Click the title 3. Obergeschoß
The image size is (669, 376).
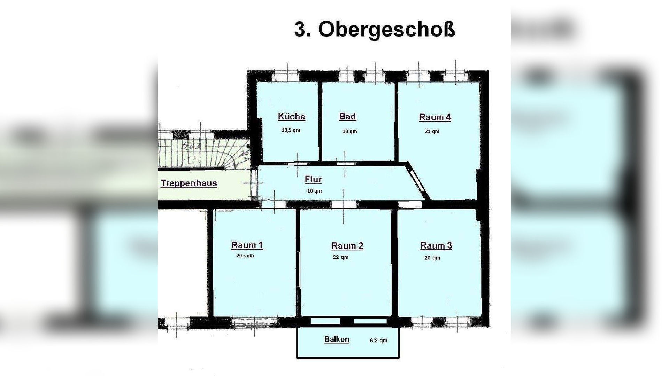(x=375, y=29)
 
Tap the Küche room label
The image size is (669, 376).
(x=291, y=117)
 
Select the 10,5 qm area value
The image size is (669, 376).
(x=291, y=130)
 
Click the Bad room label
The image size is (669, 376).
(x=347, y=117)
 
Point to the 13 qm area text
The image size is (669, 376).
(x=349, y=131)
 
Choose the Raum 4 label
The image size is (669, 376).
(x=435, y=117)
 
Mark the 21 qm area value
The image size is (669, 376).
(x=432, y=131)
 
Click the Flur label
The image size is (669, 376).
(x=313, y=179)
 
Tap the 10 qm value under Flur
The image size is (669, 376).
(x=314, y=191)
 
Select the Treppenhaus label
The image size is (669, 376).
(x=189, y=183)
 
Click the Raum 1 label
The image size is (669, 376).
(x=247, y=245)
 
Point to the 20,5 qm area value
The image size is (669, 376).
(x=245, y=256)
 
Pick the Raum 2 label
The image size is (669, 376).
(x=347, y=246)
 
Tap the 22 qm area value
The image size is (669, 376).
(x=340, y=257)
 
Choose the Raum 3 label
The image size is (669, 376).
(x=436, y=245)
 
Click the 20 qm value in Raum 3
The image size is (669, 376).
(x=432, y=258)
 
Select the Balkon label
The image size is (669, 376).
(x=337, y=339)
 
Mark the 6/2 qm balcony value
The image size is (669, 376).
(x=378, y=340)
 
